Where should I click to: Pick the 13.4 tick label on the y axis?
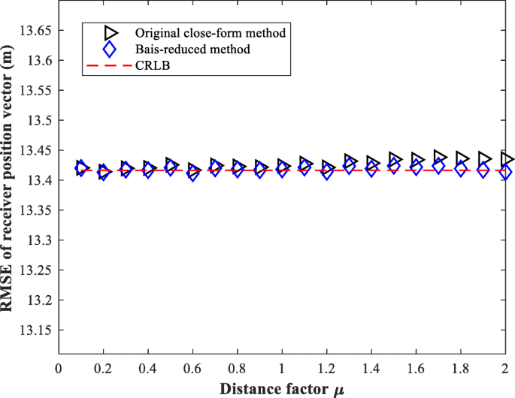click(38, 180)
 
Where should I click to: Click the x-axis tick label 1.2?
click(326, 369)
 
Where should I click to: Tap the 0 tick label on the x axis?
click(59, 369)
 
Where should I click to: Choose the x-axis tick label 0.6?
click(192, 369)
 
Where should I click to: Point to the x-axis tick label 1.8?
click(460, 369)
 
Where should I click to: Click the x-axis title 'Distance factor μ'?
click(282, 388)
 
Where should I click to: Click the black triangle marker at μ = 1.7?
click(441, 158)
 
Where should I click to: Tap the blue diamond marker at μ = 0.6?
click(193, 174)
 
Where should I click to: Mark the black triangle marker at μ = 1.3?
click(350, 161)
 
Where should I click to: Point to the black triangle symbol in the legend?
click(110, 33)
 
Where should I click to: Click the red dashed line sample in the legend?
click(110, 67)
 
